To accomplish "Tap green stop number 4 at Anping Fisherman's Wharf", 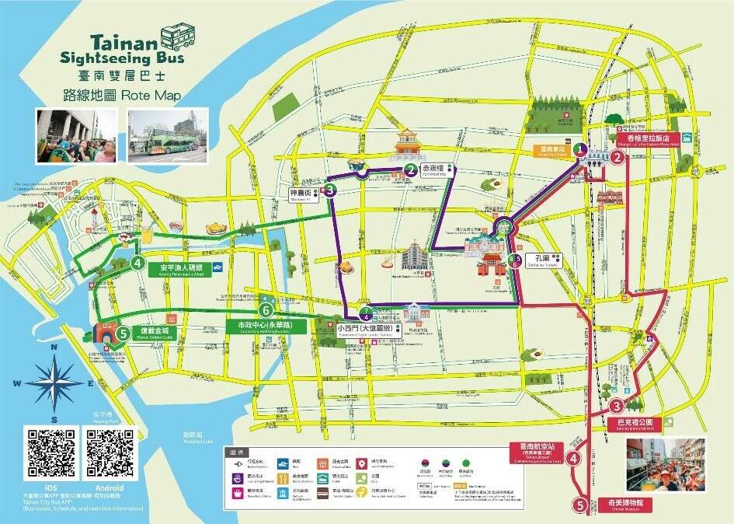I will point(137,264).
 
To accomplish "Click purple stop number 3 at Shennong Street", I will point(330,190).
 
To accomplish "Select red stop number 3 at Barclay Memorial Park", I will point(616,406).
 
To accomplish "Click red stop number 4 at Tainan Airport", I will point(574,459).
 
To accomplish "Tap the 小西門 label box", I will point(358,329).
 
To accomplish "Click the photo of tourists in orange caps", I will point(666,465).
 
